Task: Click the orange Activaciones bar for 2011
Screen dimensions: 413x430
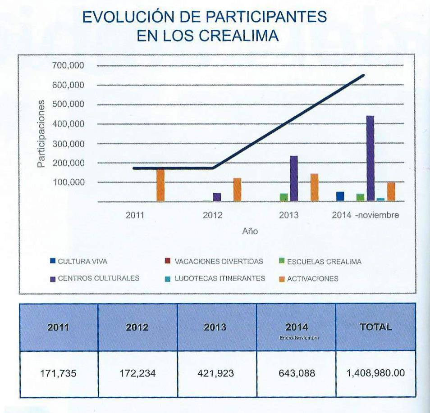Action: click(x=160, y=185)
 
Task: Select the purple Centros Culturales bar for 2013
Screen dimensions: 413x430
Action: click(x=294, y=178)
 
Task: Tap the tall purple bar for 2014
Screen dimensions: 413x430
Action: click(x=370, y=158)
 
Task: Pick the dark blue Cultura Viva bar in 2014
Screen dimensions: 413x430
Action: click(x=340, y=196)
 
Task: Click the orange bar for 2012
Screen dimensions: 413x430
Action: click(x=237, y=190)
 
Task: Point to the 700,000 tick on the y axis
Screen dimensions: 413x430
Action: click(x=69, y=66)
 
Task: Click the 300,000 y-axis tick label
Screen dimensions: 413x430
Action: click(x=69, y=144)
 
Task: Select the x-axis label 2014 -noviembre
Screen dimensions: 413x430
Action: click(x=365, y=215)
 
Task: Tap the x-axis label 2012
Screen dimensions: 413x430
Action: click(x=212, y=215)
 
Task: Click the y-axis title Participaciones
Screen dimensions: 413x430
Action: click(x=41, y=134)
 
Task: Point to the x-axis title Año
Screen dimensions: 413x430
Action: click(x=250, y=231)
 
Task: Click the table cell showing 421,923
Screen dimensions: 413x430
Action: click(x=215, y=374)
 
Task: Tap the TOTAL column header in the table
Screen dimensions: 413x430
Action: click(x=375, y=327)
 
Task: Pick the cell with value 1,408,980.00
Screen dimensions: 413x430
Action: click(x=375, y=374)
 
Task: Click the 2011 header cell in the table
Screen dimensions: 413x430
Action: click(x=58, y=327)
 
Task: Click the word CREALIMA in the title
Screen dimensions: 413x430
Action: click(x=238, y=36)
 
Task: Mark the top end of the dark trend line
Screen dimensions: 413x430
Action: click(x=363, y=75)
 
